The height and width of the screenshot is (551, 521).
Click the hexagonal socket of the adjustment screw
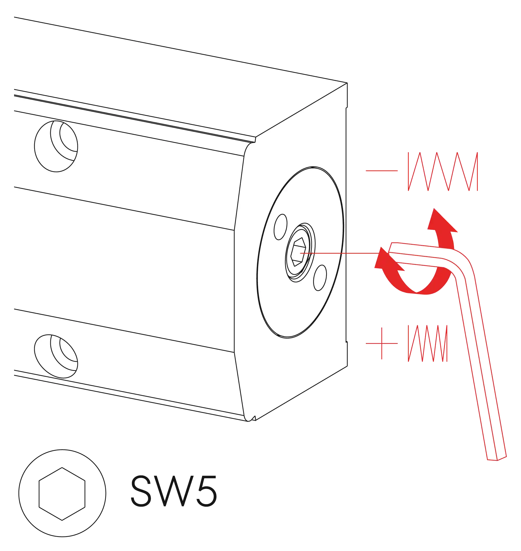298,252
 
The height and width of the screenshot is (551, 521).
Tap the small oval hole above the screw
281,227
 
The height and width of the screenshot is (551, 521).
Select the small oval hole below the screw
320,278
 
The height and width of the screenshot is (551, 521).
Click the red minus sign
382,171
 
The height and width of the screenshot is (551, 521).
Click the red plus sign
382,344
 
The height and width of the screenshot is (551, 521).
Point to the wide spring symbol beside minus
443,172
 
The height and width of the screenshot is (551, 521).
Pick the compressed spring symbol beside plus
428,344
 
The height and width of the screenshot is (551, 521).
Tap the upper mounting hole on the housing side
56,146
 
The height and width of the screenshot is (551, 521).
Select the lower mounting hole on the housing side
56,356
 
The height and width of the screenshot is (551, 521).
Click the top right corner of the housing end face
347,83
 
